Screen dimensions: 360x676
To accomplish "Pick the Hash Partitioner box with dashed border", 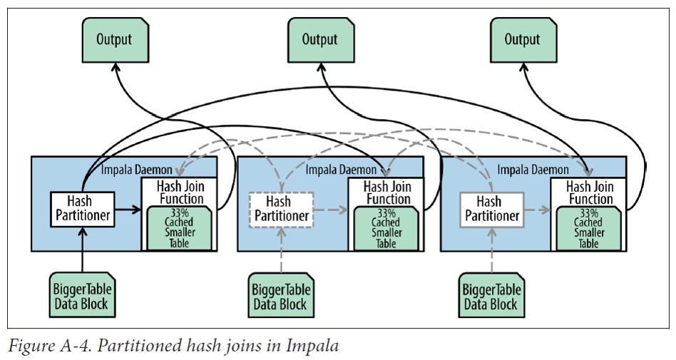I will point(282,209).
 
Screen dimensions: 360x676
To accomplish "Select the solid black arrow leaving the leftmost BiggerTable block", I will point(83,250).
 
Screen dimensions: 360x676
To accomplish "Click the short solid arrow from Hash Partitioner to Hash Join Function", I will point(127,210).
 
